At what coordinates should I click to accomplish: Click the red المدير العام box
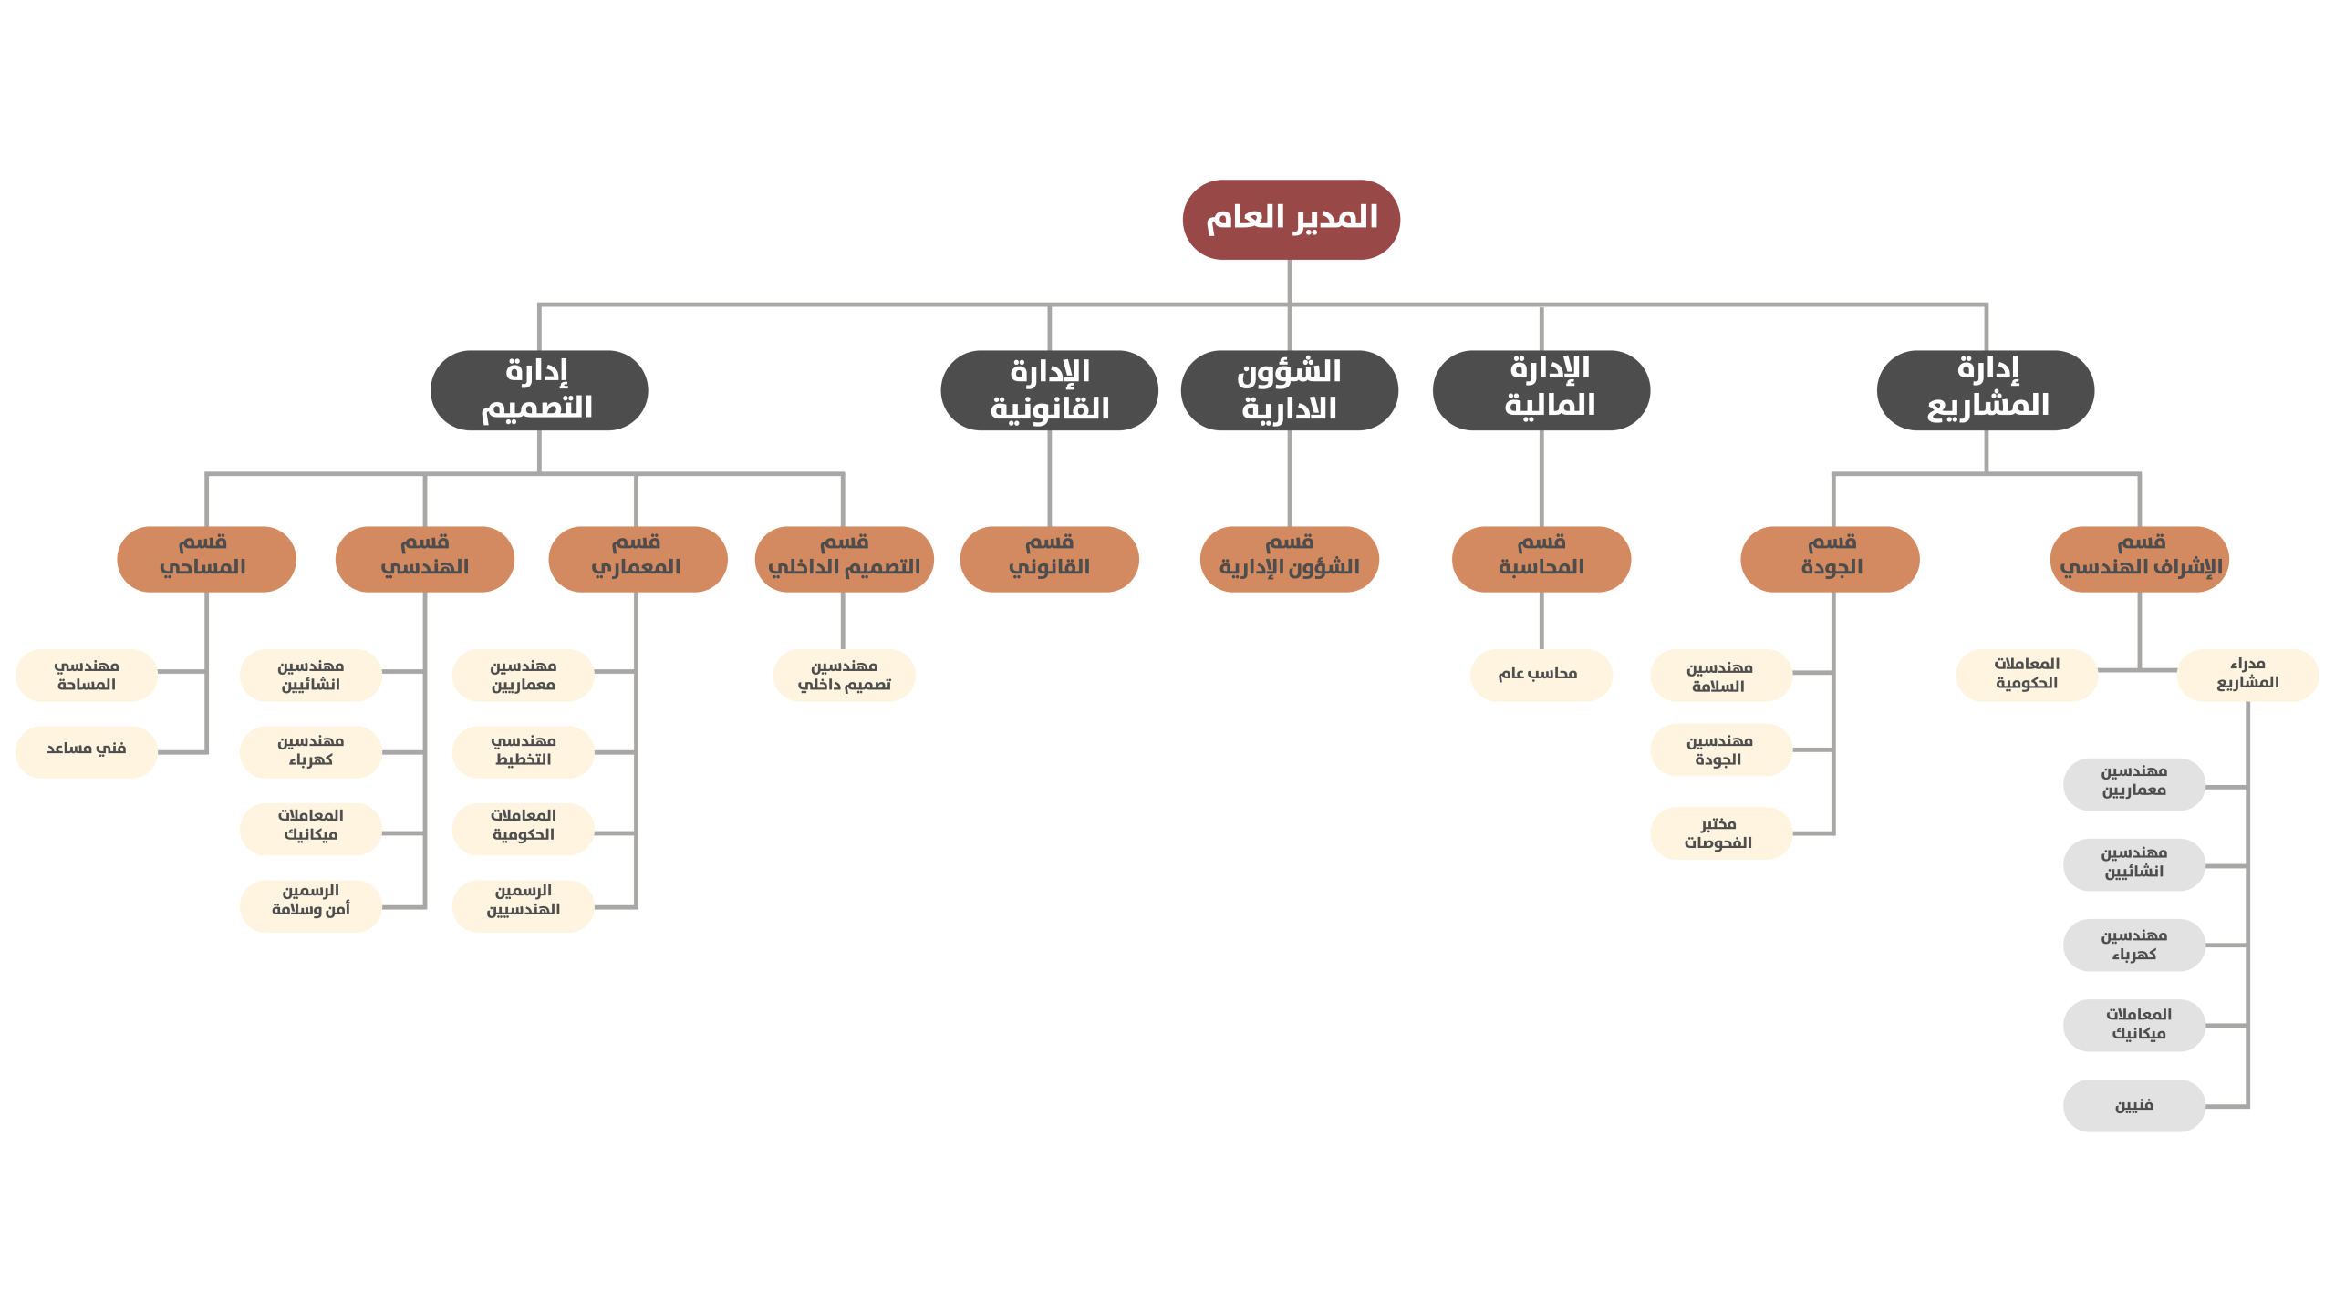[1291, 220]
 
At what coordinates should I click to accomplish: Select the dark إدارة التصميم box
[539, 390]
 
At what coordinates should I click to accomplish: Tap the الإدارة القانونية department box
[1049, 390]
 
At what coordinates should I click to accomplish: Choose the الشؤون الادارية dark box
[1289, 390]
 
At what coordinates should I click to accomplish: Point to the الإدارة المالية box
[1541, 390]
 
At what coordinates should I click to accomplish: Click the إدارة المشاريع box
[1986, 390]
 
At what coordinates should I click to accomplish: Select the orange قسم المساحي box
[206, 559]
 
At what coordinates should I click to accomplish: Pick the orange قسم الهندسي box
[425, 559]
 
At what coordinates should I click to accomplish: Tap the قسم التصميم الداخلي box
[845, 559]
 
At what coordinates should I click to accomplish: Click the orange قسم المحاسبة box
[1541, 559]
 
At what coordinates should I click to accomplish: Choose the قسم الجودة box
[1831, 559]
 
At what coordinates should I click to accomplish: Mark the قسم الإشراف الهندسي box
[2140, 559]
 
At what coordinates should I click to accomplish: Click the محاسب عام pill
[1541, 675]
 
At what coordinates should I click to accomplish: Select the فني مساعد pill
[87, 752]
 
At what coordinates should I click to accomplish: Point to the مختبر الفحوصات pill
[1721, 833]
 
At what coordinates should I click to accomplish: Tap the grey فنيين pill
[2134, 1106]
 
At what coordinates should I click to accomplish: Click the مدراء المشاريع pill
[2247, 675]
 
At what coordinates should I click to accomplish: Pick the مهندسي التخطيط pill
[523, 752]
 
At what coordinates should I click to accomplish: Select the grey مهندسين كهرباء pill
[2134, 945]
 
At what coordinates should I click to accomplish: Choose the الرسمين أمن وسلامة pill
[311, 906]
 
